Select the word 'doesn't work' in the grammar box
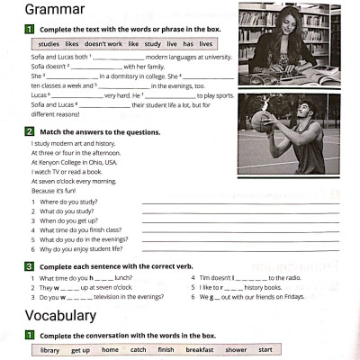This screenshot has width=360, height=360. point(103,43)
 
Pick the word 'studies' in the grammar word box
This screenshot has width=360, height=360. point(49,43)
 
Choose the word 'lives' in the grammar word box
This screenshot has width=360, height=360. point(205,43)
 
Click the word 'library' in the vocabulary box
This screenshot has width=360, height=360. point(50,349)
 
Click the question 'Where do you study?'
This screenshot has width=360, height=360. point(62,203)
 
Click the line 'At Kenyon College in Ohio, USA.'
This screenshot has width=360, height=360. point(74,162)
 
